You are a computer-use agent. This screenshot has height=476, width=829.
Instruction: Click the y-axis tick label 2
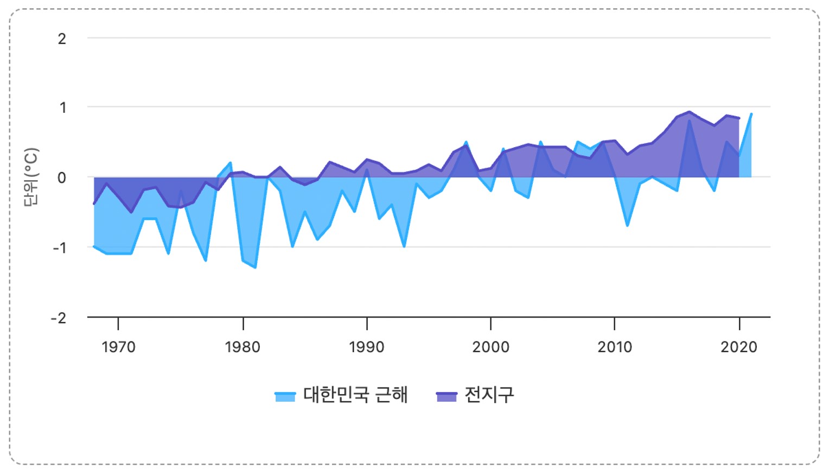coord(62,39)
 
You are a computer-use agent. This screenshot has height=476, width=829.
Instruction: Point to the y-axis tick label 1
coord(63,107)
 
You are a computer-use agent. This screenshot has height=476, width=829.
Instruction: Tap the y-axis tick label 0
coord(62,177)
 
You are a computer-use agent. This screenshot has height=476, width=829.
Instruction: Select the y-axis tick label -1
coord(59,247)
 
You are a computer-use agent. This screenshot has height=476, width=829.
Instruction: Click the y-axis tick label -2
coord(59,318)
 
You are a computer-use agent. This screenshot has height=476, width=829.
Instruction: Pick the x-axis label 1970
coord(118,347)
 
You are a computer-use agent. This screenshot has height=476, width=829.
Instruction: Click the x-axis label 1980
coord(243,347)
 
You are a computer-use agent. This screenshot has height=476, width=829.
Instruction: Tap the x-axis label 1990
coord(367,347)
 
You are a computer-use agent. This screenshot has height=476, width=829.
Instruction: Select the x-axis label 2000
coord(490,347)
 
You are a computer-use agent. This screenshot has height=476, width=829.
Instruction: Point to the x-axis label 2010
coord(615,347)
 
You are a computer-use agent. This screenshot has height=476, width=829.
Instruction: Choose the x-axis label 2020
coord(738,347)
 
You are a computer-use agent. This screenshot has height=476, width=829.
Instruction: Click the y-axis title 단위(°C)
coord(31,177)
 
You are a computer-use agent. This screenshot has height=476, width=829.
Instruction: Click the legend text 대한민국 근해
coord(355,395)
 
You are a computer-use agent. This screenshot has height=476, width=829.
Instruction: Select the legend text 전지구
coord(489,395)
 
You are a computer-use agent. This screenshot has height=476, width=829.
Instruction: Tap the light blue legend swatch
coord(285,396)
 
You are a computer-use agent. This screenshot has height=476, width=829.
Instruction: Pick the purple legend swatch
coord(447,396)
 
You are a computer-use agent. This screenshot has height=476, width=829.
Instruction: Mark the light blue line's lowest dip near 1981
coord(255,268)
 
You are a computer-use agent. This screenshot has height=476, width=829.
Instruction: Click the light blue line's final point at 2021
coord(751,114)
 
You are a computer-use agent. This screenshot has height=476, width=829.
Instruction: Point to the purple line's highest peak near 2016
coord(689,112)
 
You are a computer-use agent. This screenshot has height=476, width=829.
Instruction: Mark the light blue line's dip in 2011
coord(628,225)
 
